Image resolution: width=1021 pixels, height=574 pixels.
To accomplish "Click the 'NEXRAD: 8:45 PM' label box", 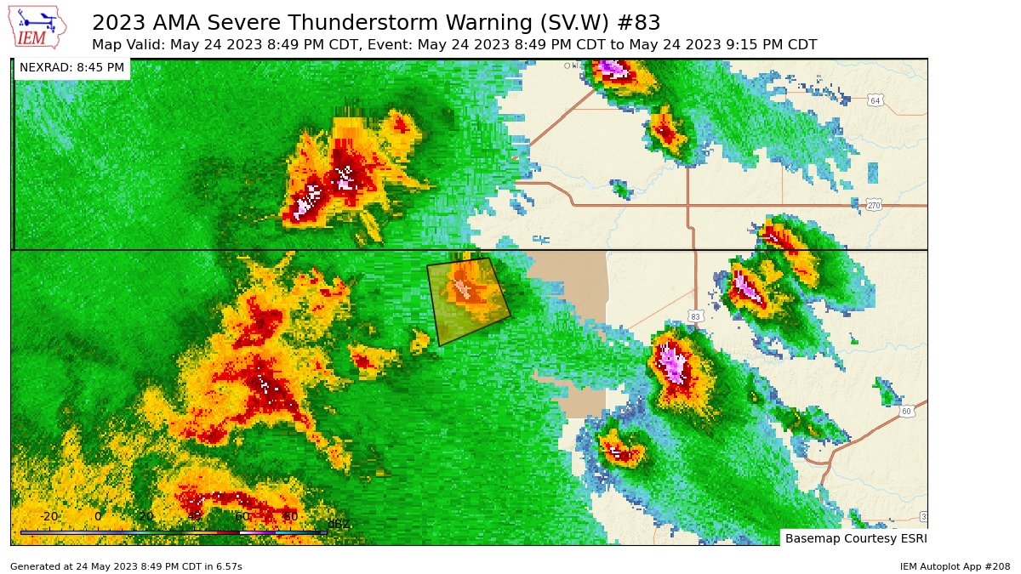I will click(x=71, y=67).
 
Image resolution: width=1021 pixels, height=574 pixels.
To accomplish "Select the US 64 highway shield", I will click(x=875, y=100).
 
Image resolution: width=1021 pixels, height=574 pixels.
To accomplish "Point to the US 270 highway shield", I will click(x=874, y=206).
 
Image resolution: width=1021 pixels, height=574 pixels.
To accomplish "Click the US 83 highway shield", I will click(x=695, y=316).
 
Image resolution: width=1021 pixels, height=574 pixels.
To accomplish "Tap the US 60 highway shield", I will click(x=907, y=412).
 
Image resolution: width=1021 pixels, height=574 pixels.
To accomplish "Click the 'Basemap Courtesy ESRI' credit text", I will click(x=855, y=538).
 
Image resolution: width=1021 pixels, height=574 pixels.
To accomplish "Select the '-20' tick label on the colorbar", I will click(x=48, y=516).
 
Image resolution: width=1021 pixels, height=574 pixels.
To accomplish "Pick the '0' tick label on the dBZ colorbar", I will click(x=97, y=516).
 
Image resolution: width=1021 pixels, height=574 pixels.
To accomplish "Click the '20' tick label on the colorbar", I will click(x=145, y=516).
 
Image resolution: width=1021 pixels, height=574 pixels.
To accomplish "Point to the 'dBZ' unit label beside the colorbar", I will click(x=339, y=524).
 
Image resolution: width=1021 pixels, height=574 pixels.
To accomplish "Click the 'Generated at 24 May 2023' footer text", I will click(x=126, y=566).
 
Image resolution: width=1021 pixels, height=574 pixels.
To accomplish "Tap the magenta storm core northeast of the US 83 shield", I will click(x=748, y=287).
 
